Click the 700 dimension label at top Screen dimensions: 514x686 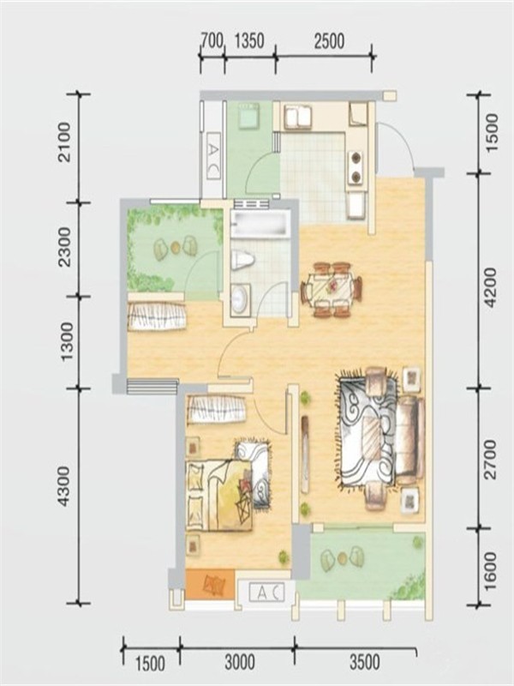click(x=212, y=40)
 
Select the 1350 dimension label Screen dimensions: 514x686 click(x=249, y=40)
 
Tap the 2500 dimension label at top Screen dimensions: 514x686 click(x=329, y=40)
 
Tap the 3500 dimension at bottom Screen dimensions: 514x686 click(x=365, y=662)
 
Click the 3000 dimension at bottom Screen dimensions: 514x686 click(x=240, y=662)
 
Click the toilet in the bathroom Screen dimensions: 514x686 click(x=242, y=260)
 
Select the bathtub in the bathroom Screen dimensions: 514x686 click(x=261, y=225)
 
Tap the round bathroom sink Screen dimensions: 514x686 click(x=240, y=298)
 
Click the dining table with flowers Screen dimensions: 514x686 click(x=332, y=289)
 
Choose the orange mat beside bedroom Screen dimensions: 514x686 click(x=210, y=584)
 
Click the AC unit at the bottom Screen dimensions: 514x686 click(x=266, y=593)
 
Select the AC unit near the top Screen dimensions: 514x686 click(x=212, y=156)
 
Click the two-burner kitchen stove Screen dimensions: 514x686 click(x=356, y=167)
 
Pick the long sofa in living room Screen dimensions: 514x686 click(x=409, y=441)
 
